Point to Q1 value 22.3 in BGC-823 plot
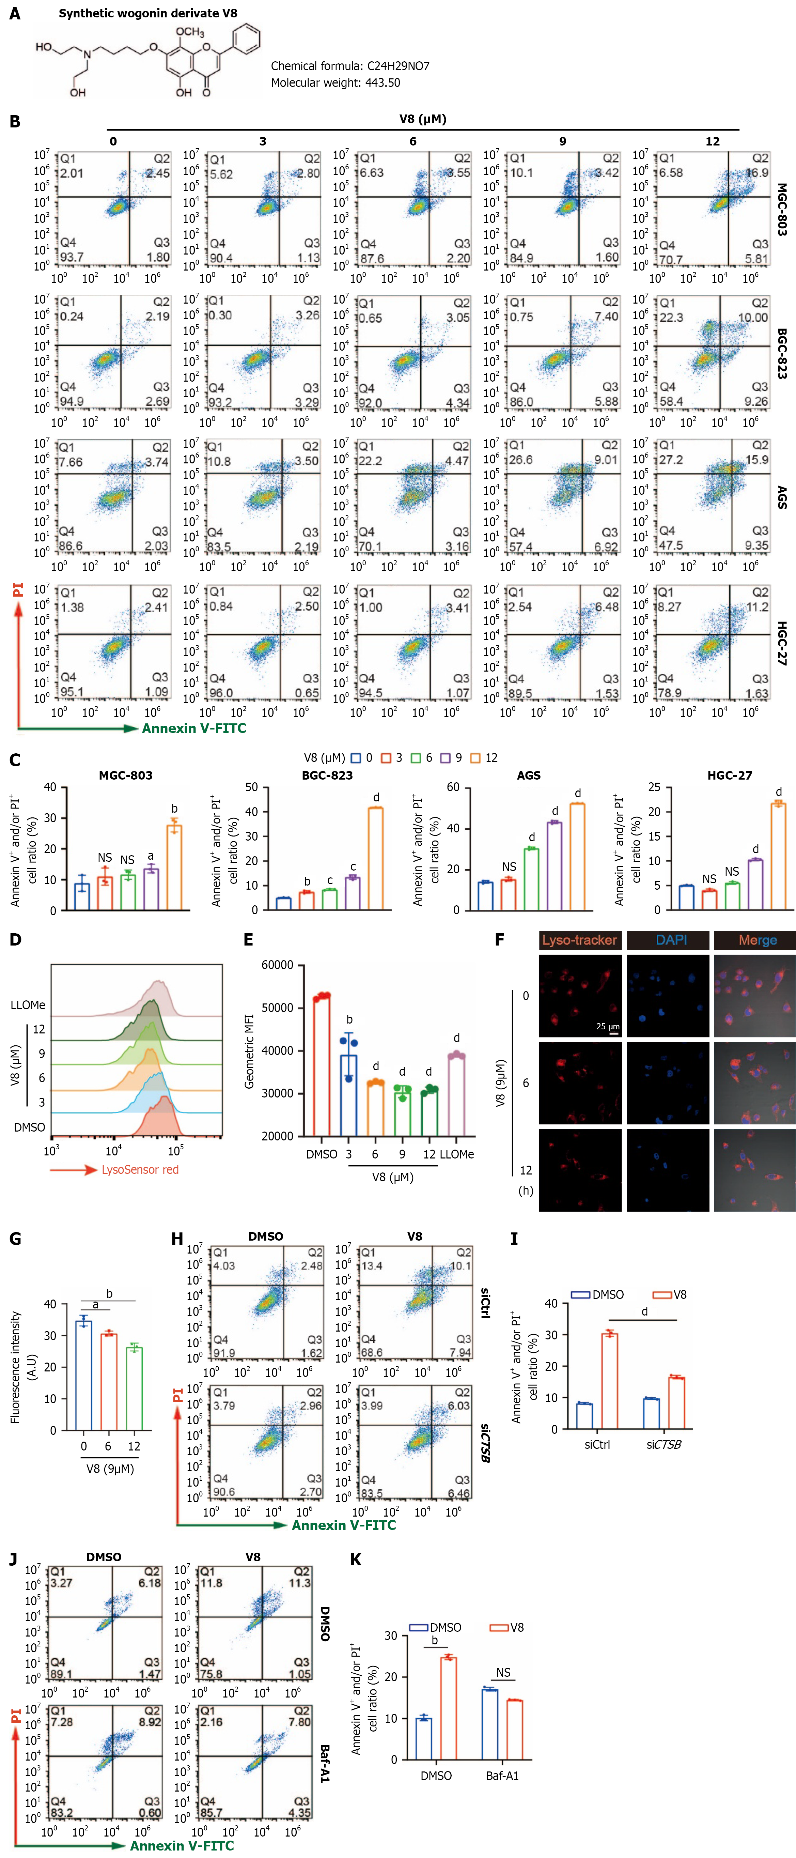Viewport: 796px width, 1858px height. tap(671, 317)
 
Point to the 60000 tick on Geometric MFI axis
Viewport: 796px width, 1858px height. tap(277, 965)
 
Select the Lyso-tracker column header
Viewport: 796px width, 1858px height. tap(580, 940)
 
